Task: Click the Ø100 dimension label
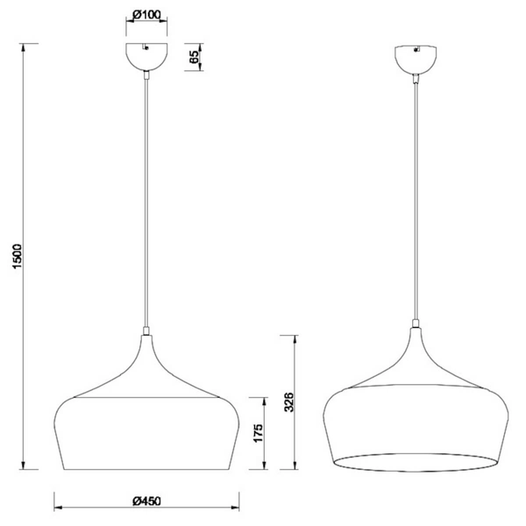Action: [147, 15]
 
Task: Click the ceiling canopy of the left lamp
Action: [147, 59]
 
